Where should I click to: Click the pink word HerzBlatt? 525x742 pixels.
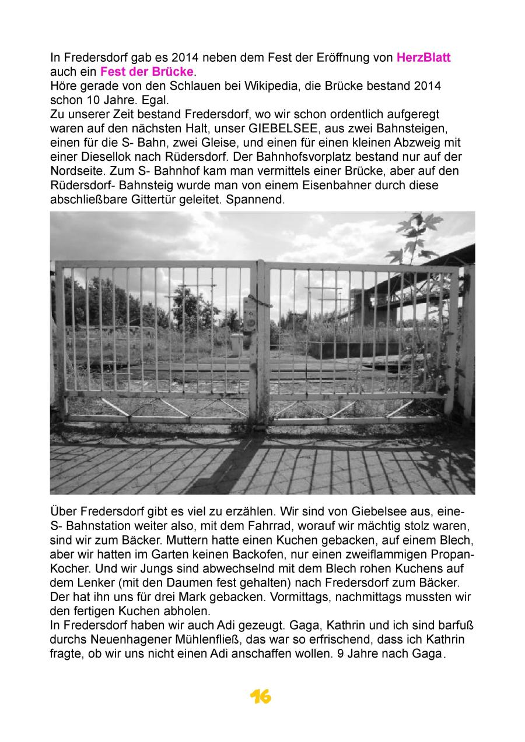point(423,58)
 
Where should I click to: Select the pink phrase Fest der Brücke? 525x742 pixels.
point(146,72)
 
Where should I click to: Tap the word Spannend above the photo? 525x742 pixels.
point(258,199)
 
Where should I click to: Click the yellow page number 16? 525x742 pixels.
point(261,696)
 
